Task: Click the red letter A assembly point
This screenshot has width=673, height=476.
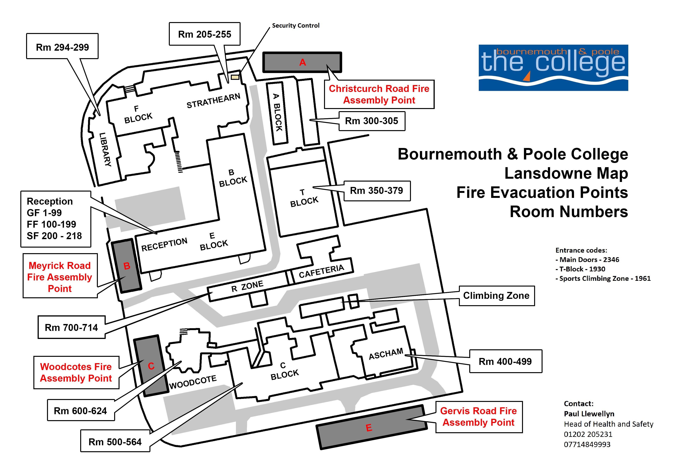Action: pos(303,62)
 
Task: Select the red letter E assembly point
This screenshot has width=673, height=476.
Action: pos(369,428)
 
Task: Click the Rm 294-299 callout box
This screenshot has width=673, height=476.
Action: pos(62,46)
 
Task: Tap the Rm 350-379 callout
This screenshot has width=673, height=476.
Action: pos(377,191)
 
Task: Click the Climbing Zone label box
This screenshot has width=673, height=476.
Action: pos(497,296)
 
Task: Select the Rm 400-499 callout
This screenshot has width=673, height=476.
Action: pos(506,361)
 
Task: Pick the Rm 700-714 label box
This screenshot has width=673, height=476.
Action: pos(72,327)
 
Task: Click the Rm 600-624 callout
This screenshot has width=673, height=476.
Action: pos(81,411)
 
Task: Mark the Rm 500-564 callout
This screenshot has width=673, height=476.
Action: pos(115,441)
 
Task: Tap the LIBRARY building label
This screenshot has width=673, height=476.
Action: pos(105,150)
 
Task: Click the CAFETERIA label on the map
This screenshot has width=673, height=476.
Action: pos(322,271)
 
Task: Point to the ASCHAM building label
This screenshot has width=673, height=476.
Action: pos(386,354)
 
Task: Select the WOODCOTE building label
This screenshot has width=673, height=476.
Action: pos(193,382)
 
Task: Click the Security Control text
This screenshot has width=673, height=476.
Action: pos(296,26)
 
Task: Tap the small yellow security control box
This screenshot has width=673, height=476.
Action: pos(235,77)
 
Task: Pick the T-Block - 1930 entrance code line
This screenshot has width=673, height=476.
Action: pos(580,269)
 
